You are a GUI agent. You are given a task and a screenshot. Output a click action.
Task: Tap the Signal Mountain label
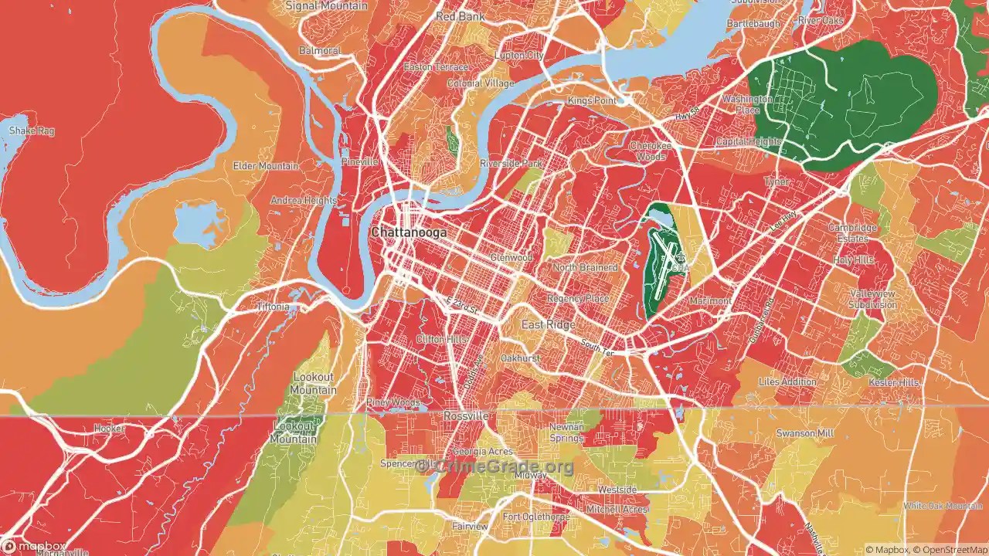pos(326,5)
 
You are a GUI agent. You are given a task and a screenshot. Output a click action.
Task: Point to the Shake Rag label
pos(31,131)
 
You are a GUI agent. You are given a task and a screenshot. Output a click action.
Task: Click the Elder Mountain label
pos(266,166)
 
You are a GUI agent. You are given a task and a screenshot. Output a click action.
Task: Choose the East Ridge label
pos(548,324)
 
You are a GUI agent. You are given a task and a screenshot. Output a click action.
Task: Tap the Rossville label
pos(466,415)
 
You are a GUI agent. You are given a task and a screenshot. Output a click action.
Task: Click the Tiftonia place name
pos(274,307)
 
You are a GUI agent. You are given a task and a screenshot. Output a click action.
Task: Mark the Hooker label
pos(109,428)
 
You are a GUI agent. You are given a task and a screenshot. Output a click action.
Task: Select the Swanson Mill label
pos(804,433)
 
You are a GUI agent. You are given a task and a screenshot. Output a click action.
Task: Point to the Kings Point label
pos(592,101)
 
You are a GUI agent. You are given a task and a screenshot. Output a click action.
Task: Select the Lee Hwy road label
pos(782,222)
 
